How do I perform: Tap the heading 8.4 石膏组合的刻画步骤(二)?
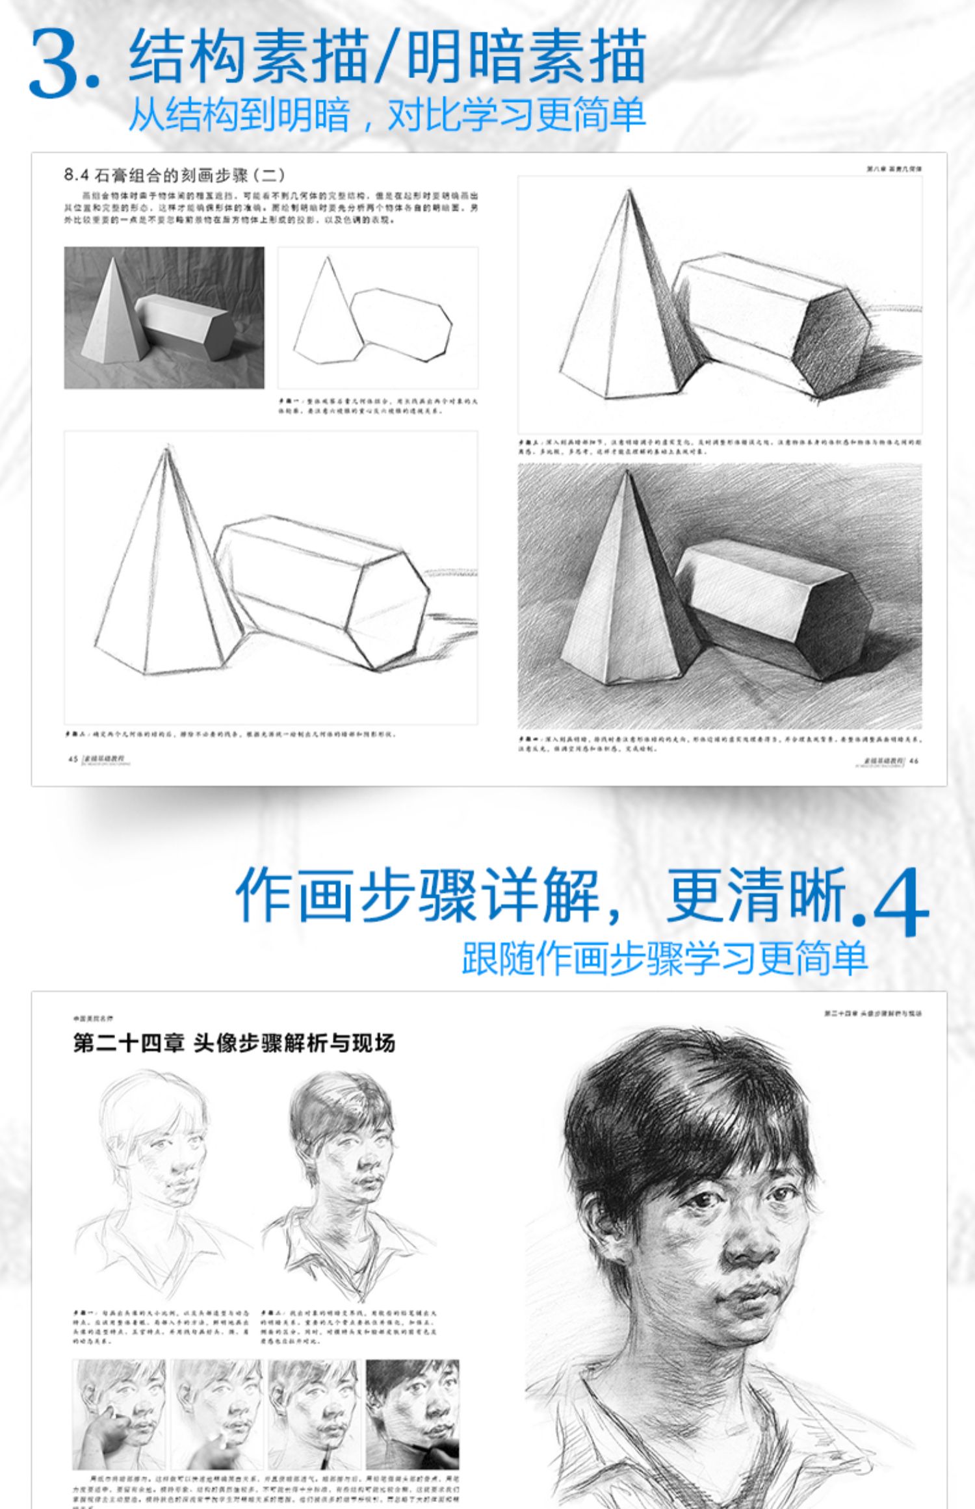174,175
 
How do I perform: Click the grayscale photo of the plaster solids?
164,318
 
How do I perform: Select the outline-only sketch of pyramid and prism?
378,318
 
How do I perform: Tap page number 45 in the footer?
73,758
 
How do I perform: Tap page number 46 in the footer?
914,761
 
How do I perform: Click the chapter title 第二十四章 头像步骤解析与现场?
233,1044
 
